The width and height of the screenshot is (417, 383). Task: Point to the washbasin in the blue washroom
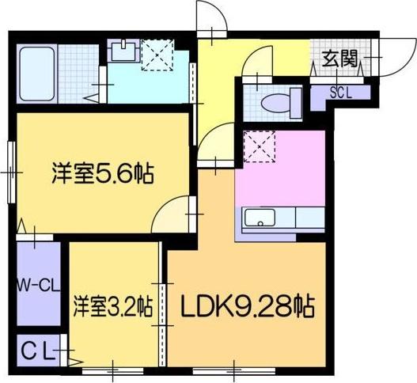pyautogui.click(x=122, y=52)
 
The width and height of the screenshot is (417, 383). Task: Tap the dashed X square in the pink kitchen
pyautogui.click(x=258, y=146)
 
